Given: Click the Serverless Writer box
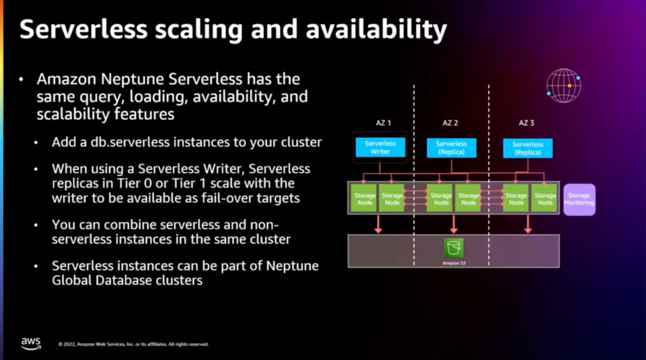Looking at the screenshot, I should (x=380, y=147).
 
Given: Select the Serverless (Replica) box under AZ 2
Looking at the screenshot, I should (x=451, y=147).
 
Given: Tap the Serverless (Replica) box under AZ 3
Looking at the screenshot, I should (x=528, y=148).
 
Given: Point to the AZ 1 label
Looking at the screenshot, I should (x=383, y=123).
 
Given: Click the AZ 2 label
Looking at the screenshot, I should (x=450, y=123).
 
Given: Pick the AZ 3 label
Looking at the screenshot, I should (x=526, y=123).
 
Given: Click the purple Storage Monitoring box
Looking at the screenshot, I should (x=579, y=199).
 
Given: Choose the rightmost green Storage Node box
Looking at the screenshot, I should (x=545, y=199).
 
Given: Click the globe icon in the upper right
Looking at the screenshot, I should (x=563, y=85).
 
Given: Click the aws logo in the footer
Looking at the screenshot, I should (x=31, y=343).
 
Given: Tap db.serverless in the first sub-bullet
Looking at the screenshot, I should (x=123, y=143).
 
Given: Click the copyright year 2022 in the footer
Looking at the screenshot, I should (x=68, y=345).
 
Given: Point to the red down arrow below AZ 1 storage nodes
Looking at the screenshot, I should (x=378, y=224).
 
